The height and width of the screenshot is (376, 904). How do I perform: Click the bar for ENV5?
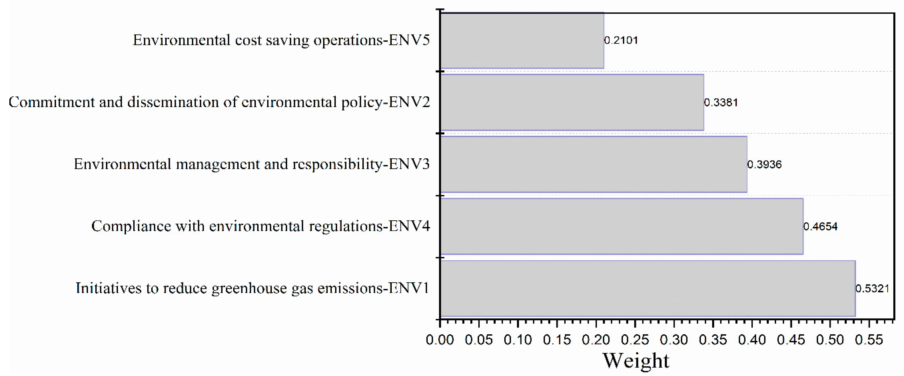pyautogui.click(x=522, y=40)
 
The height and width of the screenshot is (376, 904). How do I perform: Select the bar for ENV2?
pyautogui.click(x=572, y=102)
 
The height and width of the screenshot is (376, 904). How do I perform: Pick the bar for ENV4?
pyautogui.click(x=622, y=226)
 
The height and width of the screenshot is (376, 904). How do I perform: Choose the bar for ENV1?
pyautogui.click(x=648, y=288)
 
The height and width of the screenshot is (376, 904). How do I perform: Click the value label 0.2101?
pyautogui.click(x=621, y=40)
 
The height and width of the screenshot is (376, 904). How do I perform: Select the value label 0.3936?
pyautogui.click(x=764, y=164)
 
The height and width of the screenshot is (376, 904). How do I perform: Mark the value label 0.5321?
pyautogui.click(x=872, y=289)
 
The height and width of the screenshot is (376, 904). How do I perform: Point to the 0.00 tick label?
pyautogui.click(x=440, y=339)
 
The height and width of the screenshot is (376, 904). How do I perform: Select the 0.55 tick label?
pyautogui.click(x=869, y=339)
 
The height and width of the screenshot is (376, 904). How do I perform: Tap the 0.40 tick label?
pyautogui.click(x=752, y=339)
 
